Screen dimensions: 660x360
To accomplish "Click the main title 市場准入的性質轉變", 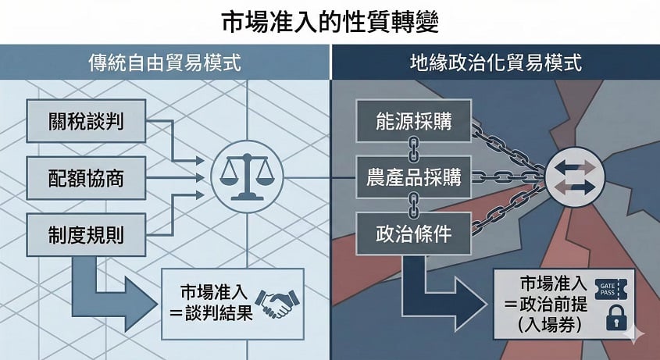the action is (330, 22).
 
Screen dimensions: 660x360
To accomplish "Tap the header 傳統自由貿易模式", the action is (165, 62).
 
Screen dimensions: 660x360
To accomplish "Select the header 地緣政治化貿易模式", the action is (496, 62).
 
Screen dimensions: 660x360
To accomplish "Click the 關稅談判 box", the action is (86, 121).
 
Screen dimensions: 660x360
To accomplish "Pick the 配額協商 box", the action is (86, 178).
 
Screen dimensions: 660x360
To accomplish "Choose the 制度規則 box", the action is (86, 234).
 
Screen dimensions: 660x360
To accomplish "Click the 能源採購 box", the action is (414, 121).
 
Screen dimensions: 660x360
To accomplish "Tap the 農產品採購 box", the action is (414, 177).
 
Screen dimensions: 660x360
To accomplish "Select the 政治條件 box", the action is (414, 233).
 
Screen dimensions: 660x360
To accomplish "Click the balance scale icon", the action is (247, 176).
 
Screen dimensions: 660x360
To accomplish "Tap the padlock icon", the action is (616, 318).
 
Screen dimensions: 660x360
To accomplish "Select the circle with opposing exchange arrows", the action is (575, 176).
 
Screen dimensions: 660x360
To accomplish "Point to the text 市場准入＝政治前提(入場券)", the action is (549, 304).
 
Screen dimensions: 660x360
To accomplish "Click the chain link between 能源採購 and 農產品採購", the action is (414, 149).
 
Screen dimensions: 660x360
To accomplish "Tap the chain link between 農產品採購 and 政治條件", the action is (414, 206).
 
